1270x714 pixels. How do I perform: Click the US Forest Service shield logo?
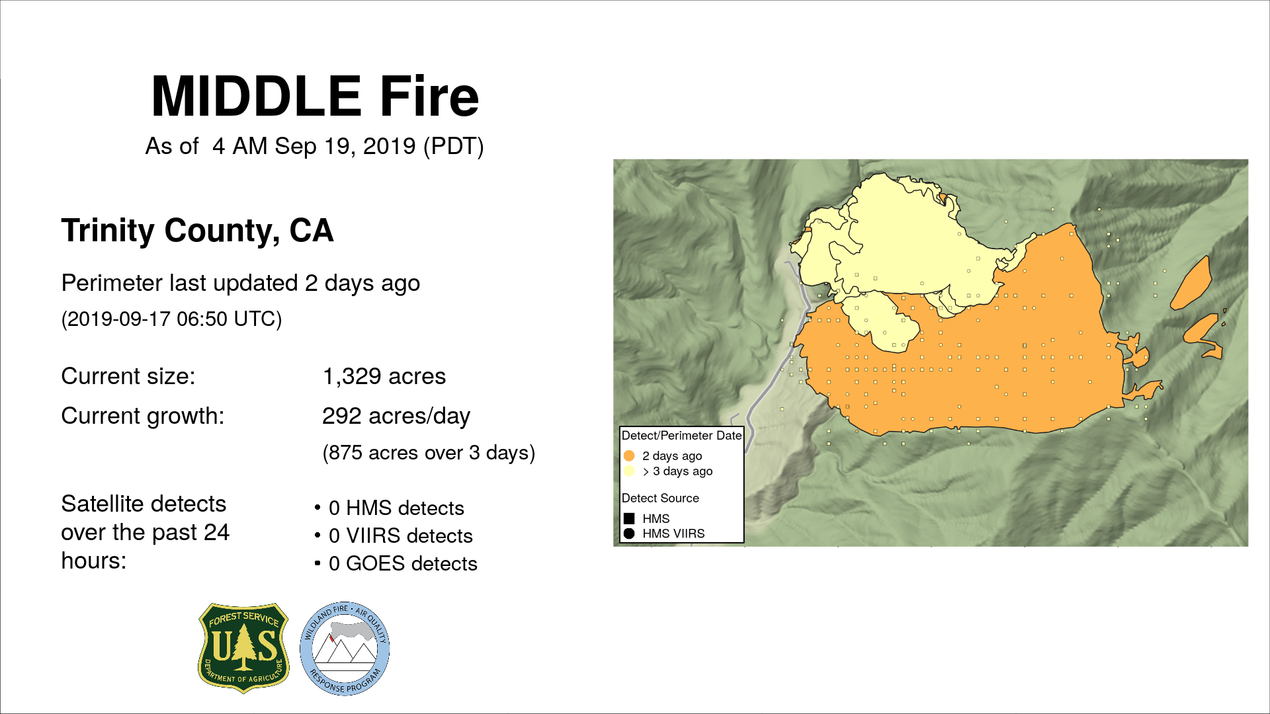(x=244, y=648)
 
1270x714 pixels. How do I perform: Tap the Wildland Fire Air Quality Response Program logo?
(x=345, y=649)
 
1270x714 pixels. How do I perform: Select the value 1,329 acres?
(x=384, y=376)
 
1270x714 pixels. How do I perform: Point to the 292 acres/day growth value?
(x=396, y=416)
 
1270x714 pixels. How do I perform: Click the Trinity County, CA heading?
(x=197, y=231)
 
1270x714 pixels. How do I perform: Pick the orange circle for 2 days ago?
(x=629, y=456)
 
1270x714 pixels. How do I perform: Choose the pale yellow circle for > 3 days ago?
(x=629, y=471)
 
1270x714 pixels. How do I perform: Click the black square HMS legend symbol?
(x=629, y=518)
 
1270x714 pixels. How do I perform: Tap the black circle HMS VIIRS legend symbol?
(x=629, y=534)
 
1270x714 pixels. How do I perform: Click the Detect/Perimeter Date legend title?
(x=681, y=436)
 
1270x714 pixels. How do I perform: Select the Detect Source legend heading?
(x=660, y=498)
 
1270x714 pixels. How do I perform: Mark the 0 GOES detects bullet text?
(x=403, y=564)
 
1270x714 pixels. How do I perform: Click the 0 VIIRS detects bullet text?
(x=401, y=536)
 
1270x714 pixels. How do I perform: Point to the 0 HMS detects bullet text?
(x=396, y=508)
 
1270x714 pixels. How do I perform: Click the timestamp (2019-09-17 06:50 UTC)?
(x=171, y=319)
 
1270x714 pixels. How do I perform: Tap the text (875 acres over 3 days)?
(x=429, y=453)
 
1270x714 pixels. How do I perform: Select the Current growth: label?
(x=143, y=416)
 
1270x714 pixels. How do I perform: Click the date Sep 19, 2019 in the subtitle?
(x=345, y=146)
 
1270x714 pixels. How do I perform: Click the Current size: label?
(x=128, y=376)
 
